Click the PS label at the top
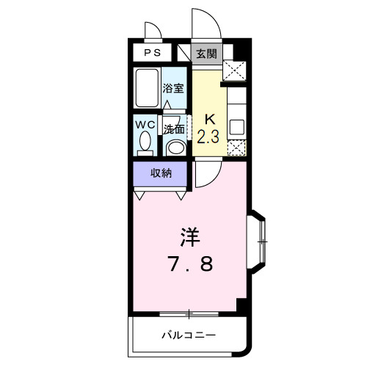(153, 53)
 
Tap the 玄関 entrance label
(206, 53)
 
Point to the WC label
(145, 124)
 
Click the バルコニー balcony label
(189, 335)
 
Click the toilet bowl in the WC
(145, 141)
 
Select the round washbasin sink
(175, 146)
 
